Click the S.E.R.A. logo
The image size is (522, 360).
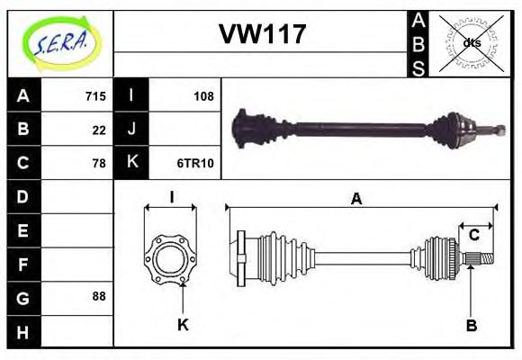pyautogui.click(x=59, y=42)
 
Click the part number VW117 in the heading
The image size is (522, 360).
pyautogui.click(x=262, y=35)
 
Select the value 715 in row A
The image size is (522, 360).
pyautogui.click(x=95, y=96)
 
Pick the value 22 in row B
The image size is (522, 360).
pyautogui.click(x=99, y=130)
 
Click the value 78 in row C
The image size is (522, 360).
pyautogui.click(x=99, y=163)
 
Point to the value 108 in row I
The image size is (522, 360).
pyautogui.click(x=203, y=96)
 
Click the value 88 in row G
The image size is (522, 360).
pyautogui.click(x=99, y=295)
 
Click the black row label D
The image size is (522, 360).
pyautogui.click(x=23, y=196)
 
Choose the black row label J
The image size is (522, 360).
pyautogui.click(x=131, y=130)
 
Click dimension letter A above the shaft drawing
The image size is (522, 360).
pyautogui.click(x=356, y=200)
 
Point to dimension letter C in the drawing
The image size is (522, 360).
pyautogui.click(x=473, y=236)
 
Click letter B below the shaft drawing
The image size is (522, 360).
pyautogui.click(x=470, y=324)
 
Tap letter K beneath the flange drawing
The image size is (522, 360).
pyautogui.click(x=182, y=324)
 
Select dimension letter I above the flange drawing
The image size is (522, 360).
pyautogui.click(x=170, y=198)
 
